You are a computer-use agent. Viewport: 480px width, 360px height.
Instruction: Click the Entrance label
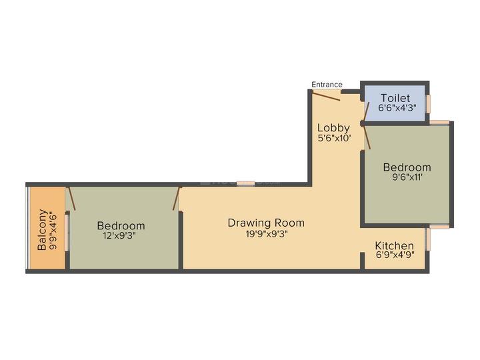(327, 85)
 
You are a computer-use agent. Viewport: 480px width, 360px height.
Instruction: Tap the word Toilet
(395, 98)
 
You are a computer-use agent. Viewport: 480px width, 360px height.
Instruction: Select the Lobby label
(333, 127)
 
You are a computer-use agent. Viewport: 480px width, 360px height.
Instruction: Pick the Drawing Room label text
(266, 223)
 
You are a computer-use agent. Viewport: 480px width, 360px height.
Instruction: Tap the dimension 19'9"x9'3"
(266, 233)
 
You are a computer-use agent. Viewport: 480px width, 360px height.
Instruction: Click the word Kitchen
(394, 246)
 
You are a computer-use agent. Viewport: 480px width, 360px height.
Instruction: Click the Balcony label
(42, 230)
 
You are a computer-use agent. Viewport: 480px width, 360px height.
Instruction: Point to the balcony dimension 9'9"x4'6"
(54, 230)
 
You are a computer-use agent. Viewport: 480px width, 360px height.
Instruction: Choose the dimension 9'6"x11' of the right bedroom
(406, 178)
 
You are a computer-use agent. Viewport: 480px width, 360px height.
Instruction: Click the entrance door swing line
(327, 96)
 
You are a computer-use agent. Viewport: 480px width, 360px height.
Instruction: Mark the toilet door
(364, 113)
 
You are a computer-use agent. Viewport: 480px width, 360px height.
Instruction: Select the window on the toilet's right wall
(429, 103)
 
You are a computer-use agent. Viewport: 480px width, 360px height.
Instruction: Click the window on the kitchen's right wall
(429, 238)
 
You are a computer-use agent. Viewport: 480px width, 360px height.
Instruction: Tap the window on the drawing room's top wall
(245, 183)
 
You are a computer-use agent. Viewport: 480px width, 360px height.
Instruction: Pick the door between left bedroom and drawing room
(177, 199)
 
